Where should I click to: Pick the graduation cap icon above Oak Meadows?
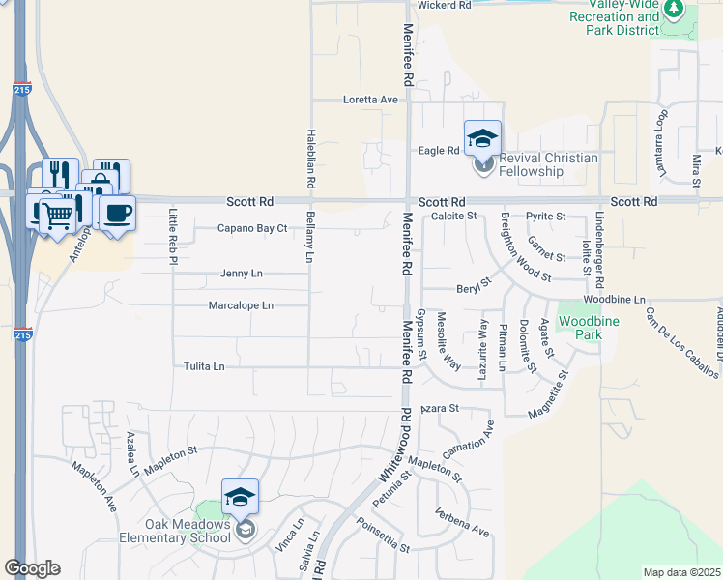(241, 497)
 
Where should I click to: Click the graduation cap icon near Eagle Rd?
(483, 137)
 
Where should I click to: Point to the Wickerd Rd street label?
(444, 6)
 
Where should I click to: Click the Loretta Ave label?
(371, 100)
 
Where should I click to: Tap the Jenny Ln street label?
(241, 274)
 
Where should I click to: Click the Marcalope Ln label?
(241, 305)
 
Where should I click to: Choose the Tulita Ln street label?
(204, 366)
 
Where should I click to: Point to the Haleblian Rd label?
(311, 159)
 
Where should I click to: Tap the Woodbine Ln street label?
(614, 301)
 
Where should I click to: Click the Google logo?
(32, 568)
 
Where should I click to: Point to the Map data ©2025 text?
(681, 572)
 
